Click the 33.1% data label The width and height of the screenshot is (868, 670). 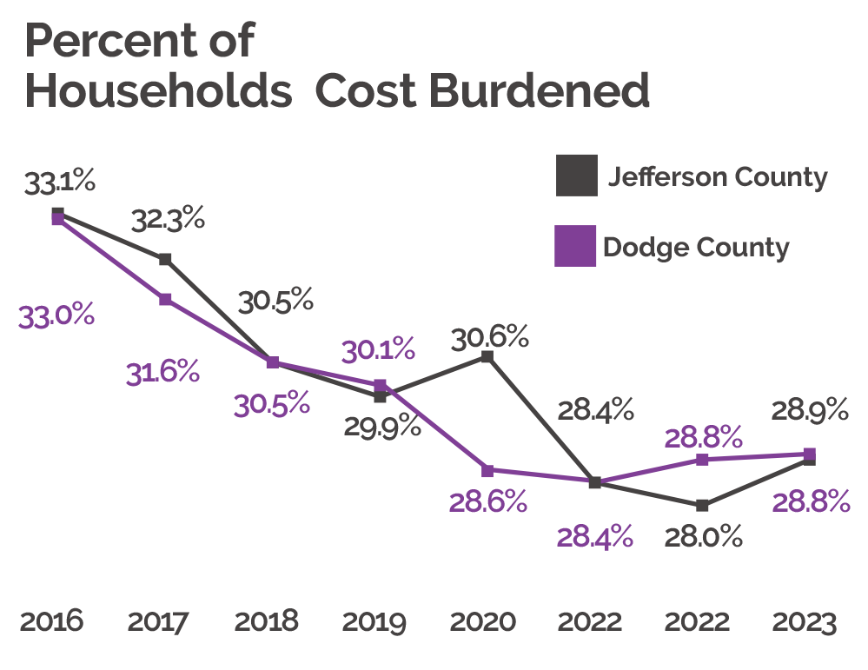(59, 184)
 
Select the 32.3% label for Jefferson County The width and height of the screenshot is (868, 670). (168, 220)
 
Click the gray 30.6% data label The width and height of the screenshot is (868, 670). (490, 336)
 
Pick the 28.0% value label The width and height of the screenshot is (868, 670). (704, 537)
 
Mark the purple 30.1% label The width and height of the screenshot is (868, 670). (378, 350)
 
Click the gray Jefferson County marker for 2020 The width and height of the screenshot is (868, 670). (487, 356)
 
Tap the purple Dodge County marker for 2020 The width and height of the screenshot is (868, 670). (487, 471)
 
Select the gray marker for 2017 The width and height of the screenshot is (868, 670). (165, 259)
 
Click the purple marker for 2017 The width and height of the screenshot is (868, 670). (165, 300)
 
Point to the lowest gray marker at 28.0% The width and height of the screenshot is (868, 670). (702, 505)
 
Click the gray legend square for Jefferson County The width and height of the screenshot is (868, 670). (576, 176)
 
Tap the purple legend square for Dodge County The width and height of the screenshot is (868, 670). (576, 246)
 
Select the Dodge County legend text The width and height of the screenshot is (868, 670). (696, 248)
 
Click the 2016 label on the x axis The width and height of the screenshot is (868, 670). (51, 622)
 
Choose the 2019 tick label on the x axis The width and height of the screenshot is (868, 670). (374, 622)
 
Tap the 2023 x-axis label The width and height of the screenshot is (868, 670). (805, 622)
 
